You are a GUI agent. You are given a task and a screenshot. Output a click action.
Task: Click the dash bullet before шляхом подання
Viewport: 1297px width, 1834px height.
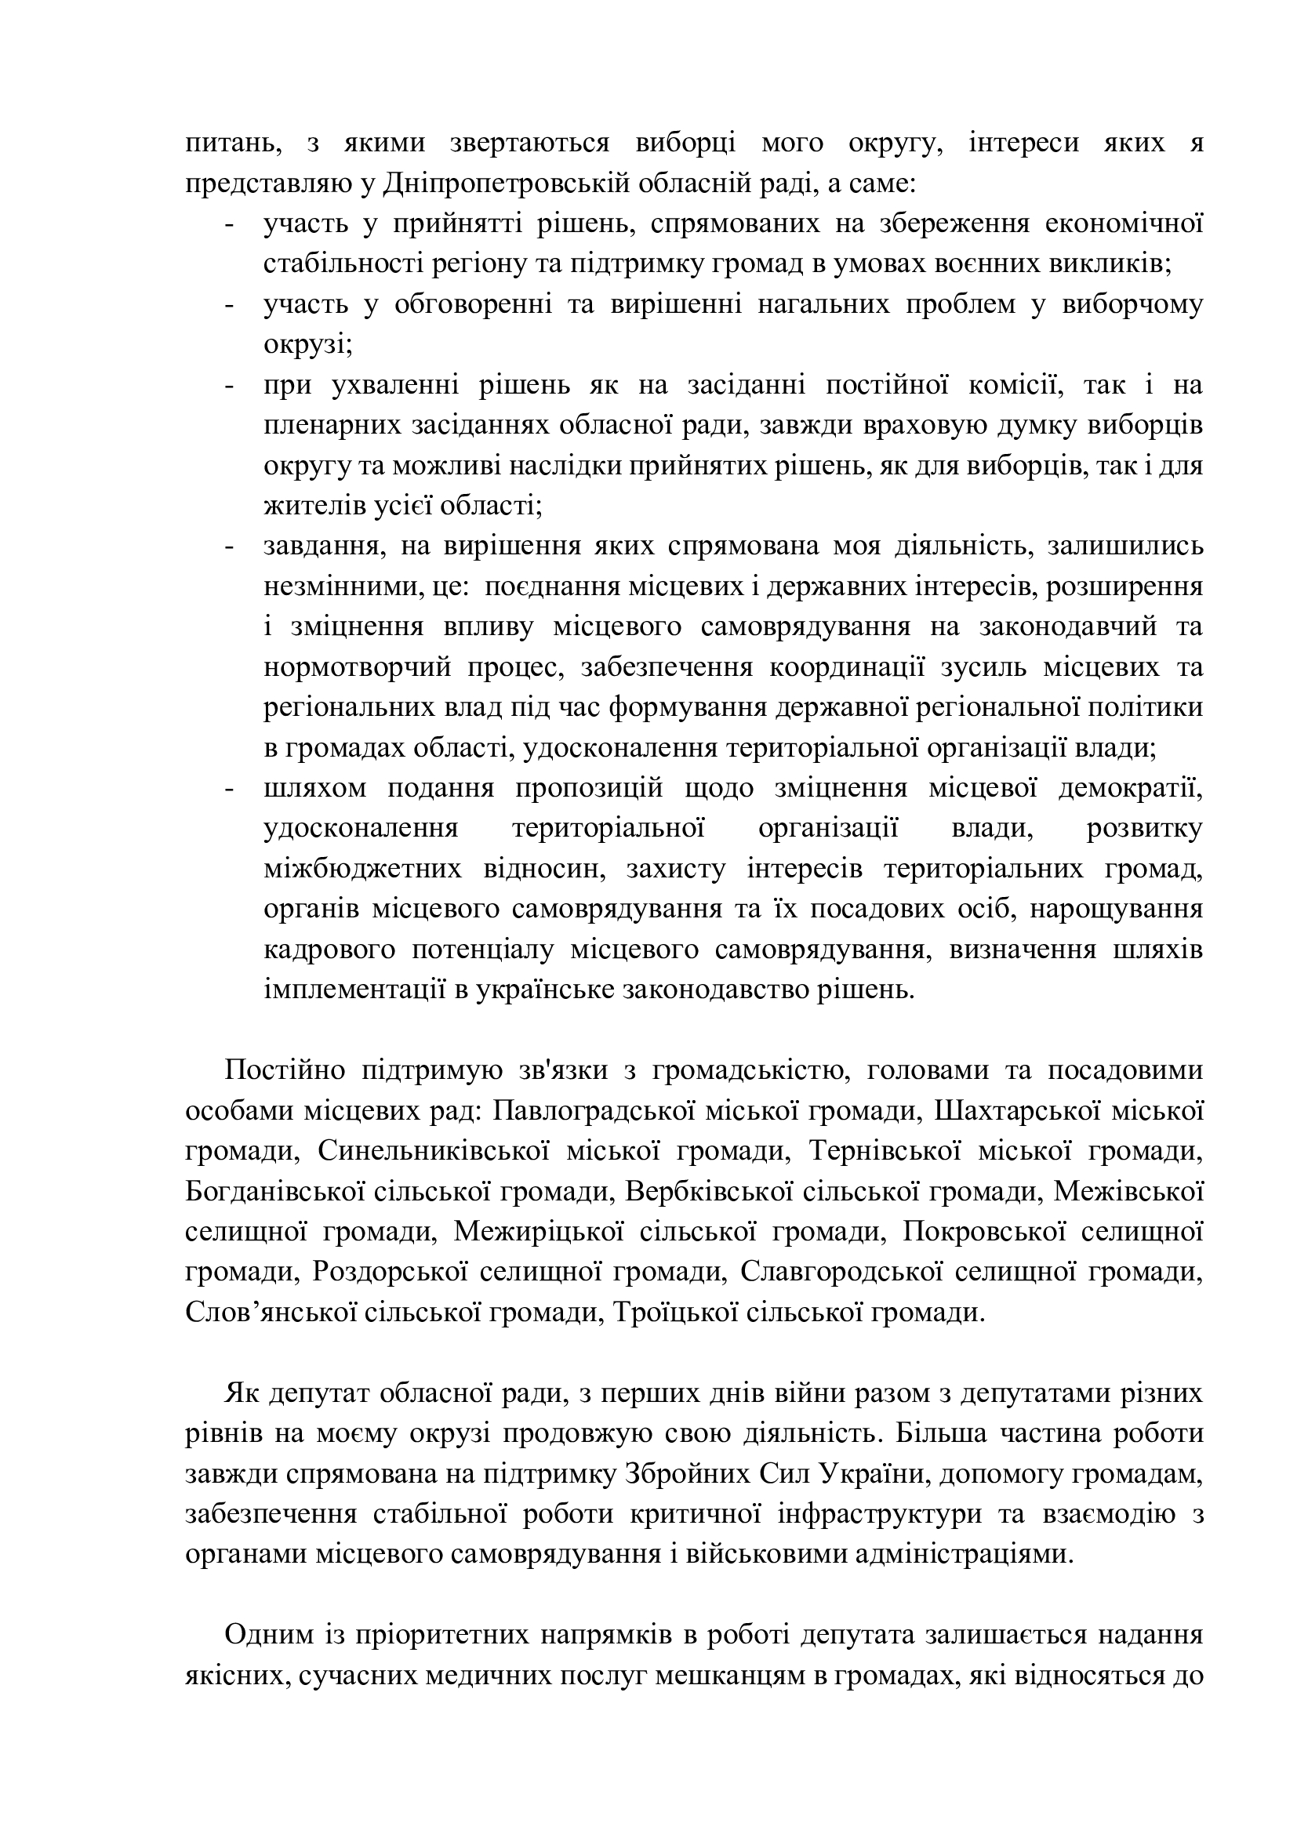(230, 788)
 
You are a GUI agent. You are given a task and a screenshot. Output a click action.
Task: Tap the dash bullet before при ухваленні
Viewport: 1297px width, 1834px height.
(230, 386)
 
